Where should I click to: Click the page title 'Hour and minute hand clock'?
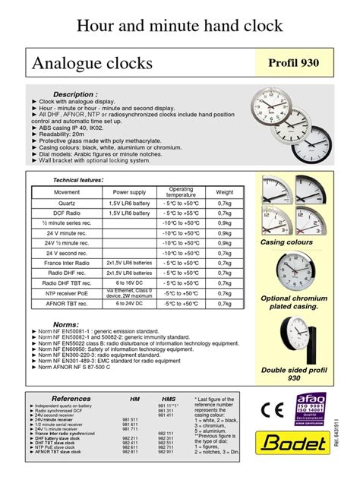[180, 26]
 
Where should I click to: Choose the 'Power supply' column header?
[130, 192]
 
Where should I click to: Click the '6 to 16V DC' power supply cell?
[130, 282]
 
